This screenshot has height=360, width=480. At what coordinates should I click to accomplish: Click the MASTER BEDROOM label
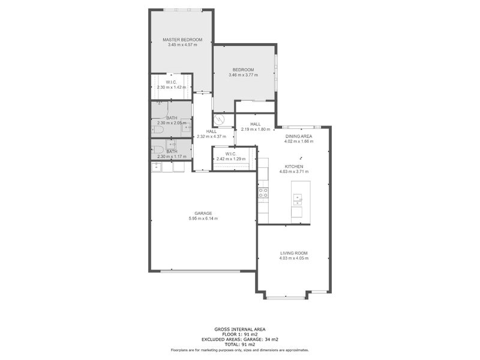(182, 40)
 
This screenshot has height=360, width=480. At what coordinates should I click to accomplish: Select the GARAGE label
(203, 213)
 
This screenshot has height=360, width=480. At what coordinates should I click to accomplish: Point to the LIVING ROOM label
(294, 253)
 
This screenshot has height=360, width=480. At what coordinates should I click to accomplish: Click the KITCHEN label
(294, 166)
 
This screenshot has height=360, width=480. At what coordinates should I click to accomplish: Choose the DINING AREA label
(298, 136)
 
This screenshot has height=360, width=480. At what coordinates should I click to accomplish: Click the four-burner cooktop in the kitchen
(263, 193)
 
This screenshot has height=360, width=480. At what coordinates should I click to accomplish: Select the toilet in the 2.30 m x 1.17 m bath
(157, 149)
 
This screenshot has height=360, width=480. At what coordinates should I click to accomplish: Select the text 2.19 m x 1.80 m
(255, 130)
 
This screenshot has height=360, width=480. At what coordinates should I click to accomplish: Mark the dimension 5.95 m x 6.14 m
(203, 218)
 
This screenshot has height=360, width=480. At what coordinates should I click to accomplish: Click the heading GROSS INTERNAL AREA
(239, 329)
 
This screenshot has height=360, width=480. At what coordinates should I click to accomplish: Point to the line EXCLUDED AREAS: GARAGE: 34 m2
(239, 339)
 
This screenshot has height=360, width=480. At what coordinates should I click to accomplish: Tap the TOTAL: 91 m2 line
(239, 344)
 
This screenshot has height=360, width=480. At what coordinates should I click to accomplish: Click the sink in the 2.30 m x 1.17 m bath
(172, 145)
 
